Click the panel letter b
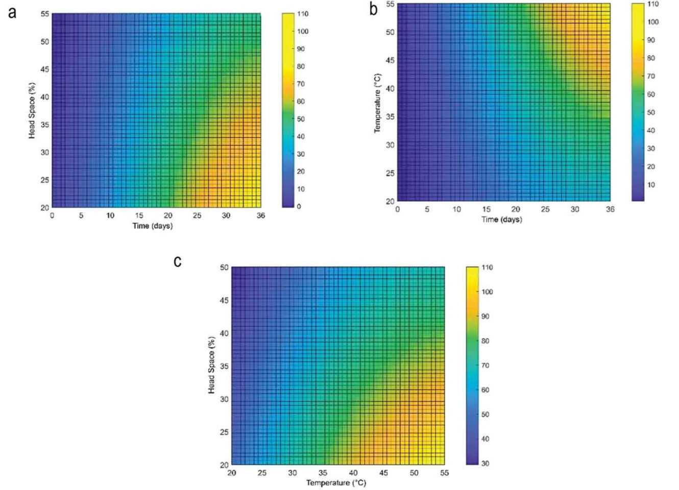[x=374, y=9]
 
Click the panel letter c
[x=178, y=262]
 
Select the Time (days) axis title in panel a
[x=153, y=226]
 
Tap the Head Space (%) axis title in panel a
[x=32, y=110]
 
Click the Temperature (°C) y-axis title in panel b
[x=377, y=103]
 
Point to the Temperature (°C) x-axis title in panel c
[x=336, y=482]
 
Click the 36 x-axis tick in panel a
[x=260, y=215]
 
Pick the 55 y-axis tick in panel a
[x=45, y=14]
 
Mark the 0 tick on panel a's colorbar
[x=299, y=206]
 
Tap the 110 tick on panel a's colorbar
[x=303, y=14]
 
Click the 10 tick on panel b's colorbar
[x=651, y=185]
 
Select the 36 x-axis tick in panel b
[x=610, y=209]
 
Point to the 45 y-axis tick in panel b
[x=390, y=60]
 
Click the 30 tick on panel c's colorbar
[x=485, y=463]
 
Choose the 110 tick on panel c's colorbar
[x=487, y=267]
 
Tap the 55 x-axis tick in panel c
[x=444, y=473]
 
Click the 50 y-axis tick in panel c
[x=224, y=267]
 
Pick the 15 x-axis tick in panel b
[x=486, y=209]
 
